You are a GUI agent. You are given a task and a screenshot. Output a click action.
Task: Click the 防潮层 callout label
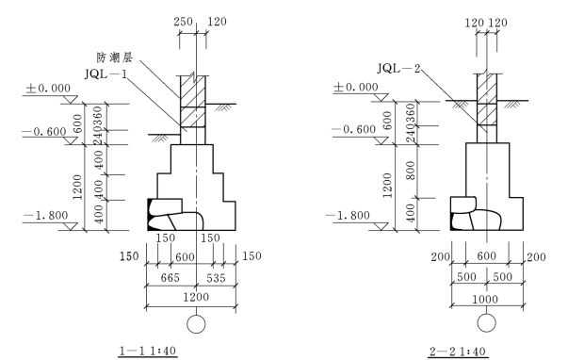pyautogui.click(x=115, y=57)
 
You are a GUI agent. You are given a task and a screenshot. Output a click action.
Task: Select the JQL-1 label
pyautogui.click(x=106, y=74)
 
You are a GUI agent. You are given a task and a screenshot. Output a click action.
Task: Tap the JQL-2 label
pyautogui.click(x=398, y=68)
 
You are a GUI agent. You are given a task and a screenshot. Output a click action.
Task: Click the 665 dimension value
pyautogui.click(x=170, y=278)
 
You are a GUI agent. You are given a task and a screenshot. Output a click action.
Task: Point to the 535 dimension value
pyautogui.click(x=216, y=278)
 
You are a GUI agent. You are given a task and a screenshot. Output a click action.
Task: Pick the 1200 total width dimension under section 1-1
pyautogui.click(x=196, y=297)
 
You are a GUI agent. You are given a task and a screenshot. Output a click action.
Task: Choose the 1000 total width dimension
pyautogui.click(x=485, y=299)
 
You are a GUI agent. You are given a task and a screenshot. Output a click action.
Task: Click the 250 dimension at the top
pyautogui.click(x=183, y=22)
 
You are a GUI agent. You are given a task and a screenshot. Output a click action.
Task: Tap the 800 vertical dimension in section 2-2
pyautogui.click(x=411, y=171)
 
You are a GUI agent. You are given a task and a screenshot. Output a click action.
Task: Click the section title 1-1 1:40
pyautogui.click(x=148, y=351)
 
